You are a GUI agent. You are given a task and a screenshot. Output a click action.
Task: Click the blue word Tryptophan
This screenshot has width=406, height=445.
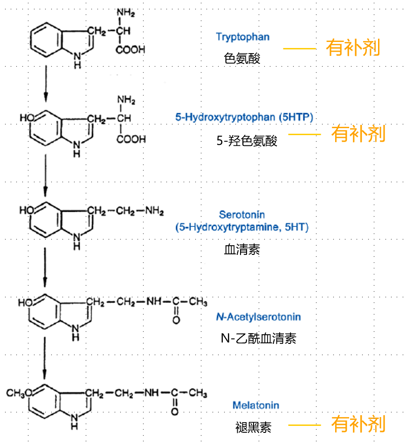tap(242, 37)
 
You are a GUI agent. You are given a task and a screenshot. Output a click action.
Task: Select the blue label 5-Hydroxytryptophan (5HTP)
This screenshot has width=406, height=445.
tap(244, 117)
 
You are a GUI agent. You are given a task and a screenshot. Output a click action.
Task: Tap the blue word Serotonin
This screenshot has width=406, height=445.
tap(242, 215)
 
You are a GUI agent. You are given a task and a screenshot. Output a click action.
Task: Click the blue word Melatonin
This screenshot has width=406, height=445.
tap(255, 405)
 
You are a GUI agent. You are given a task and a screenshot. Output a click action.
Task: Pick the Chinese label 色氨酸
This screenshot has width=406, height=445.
tap(242, 58)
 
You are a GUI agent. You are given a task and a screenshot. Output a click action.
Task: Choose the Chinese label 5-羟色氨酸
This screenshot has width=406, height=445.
tap(247, 141)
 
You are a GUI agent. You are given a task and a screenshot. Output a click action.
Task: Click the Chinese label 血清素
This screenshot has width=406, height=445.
tap(242, 250)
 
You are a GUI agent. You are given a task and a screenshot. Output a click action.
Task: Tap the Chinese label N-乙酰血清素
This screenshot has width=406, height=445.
tap(258, 338)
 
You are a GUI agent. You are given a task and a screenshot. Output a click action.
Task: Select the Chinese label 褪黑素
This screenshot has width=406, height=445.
tap(253, 427)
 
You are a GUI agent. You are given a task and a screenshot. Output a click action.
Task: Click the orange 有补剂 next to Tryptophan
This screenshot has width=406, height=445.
tap(353, 48)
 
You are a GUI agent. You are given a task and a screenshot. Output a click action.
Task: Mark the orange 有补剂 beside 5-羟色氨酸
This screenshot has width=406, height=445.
tap(358, 134)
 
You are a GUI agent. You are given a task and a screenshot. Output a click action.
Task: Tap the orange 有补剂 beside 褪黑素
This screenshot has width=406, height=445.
tap(358, 424)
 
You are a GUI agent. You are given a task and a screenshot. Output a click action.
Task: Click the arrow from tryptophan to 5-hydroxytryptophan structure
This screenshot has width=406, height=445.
tap(46, 84)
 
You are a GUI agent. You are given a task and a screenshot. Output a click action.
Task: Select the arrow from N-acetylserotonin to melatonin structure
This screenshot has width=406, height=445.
tap(45, 356)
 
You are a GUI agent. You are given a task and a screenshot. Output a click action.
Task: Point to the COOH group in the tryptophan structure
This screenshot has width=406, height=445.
tap(131, 50)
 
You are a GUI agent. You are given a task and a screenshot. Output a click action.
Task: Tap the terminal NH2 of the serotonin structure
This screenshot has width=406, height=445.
tap(154, 211)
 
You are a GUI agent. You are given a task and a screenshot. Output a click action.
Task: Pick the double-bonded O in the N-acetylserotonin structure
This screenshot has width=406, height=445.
tap(176, 321)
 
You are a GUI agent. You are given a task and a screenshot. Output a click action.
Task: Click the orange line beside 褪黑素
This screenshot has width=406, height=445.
tap(304, 425)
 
